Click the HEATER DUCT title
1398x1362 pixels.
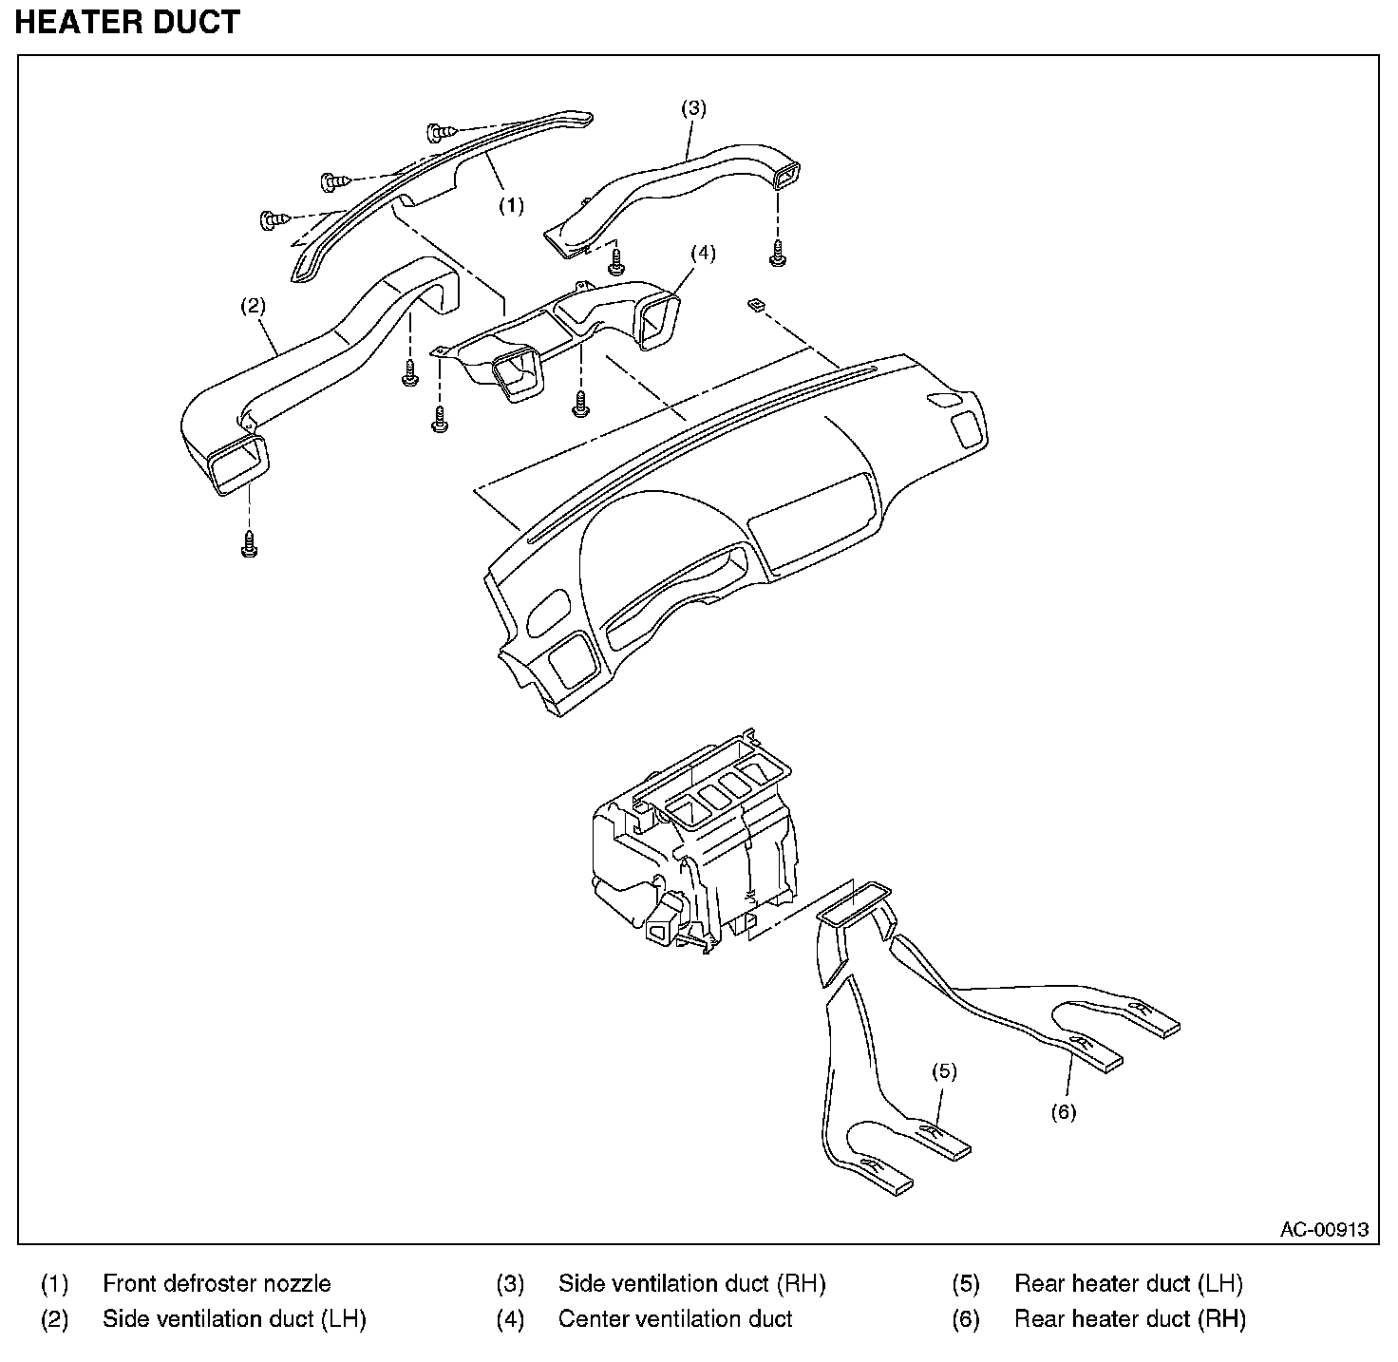coord(127,22)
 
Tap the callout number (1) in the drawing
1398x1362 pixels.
coord(512,205)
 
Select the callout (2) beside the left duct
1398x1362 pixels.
coord(253,306)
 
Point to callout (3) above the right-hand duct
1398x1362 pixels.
coord(693,107)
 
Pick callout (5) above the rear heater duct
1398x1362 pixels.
coord(945,1071)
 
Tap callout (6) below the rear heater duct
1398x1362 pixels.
coord(1064,1112)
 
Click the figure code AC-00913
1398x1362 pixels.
coord(1325,1229)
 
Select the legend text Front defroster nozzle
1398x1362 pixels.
coord(217,1283)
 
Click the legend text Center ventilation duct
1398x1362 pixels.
coord(675,1319)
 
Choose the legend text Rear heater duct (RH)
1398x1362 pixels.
coord(1130,1319)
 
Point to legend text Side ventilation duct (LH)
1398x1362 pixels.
coord(235,1319)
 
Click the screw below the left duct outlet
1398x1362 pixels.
coord(249,544)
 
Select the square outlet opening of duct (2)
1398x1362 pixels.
coord(238,465)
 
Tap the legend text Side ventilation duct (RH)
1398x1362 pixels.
coord(692,1283)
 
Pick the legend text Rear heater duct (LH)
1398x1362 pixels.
coord(1128,1283)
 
